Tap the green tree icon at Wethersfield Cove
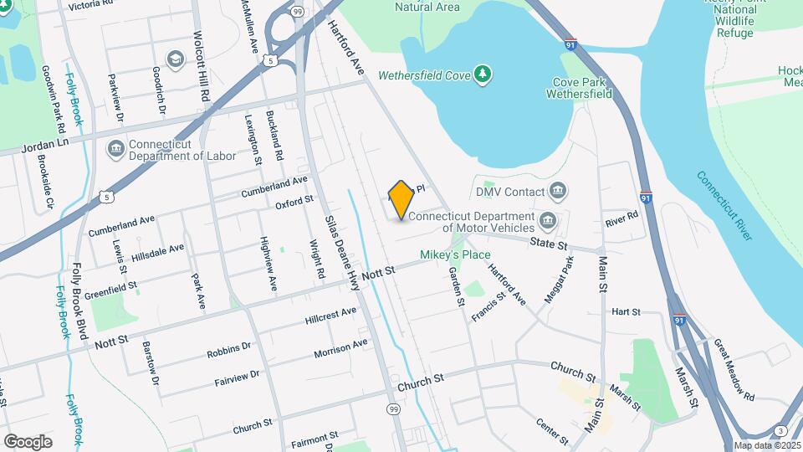point(482,74)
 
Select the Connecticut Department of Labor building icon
point(115,150)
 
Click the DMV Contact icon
point(559,193)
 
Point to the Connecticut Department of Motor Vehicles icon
point(548,221)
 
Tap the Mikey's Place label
point(455,254)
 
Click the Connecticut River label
point(725,206)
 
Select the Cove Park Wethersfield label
point(579,89)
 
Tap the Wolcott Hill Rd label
point(202,68)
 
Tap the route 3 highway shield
point(780,431)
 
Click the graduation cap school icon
point(175,59)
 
